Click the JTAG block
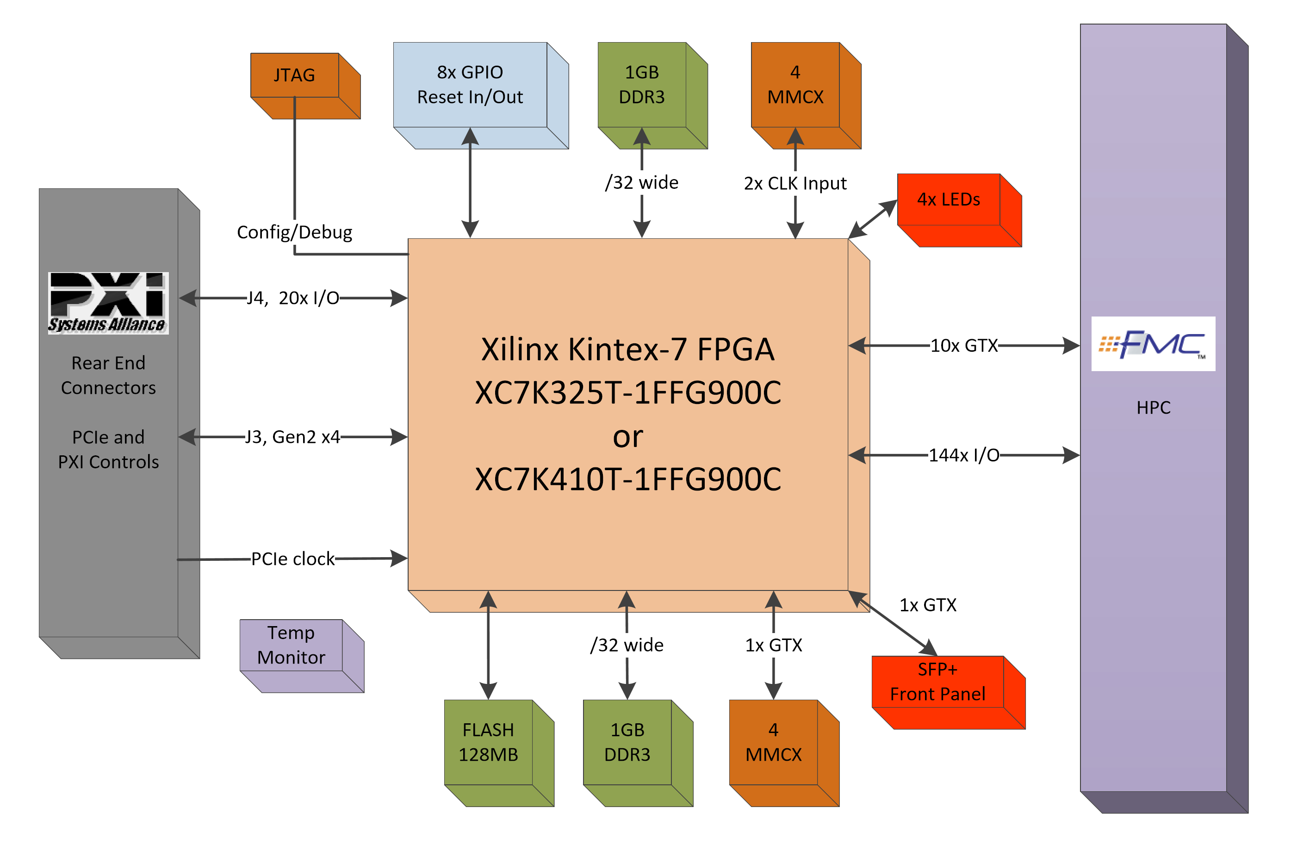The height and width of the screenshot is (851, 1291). (295, 75)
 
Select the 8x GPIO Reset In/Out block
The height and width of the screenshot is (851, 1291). (470, 85)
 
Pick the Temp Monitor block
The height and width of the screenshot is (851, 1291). (292, 645)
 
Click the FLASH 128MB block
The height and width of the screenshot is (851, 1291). (488, 742)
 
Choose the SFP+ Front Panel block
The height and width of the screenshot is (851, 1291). (938, 682)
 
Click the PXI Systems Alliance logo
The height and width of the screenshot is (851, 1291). (108, 303)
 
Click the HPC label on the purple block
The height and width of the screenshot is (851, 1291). (1153, 408)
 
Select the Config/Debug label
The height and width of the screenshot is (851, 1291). (295, 232)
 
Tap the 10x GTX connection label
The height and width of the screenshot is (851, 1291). (964, 346)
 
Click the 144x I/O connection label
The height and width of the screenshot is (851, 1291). (964, 455)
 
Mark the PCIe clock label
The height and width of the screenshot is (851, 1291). (293, 559)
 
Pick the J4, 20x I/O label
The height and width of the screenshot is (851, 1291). (293, 298)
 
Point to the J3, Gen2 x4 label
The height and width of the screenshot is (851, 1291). (292, 437)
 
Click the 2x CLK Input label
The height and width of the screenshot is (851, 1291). (795, 183)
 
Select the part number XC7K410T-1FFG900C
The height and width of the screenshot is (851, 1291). (628, 479)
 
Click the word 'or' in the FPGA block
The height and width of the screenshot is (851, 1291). (628, 437)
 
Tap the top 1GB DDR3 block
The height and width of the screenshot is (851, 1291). (642, 85)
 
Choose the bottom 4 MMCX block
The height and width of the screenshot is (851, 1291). (773, 742)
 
